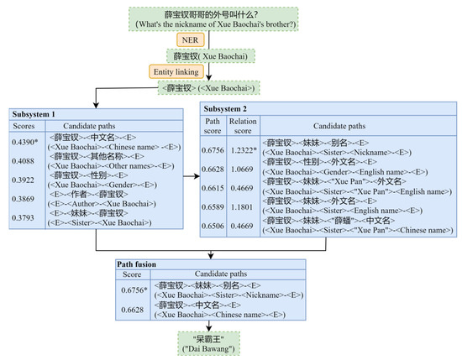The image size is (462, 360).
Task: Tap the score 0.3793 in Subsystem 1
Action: [24, 218]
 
